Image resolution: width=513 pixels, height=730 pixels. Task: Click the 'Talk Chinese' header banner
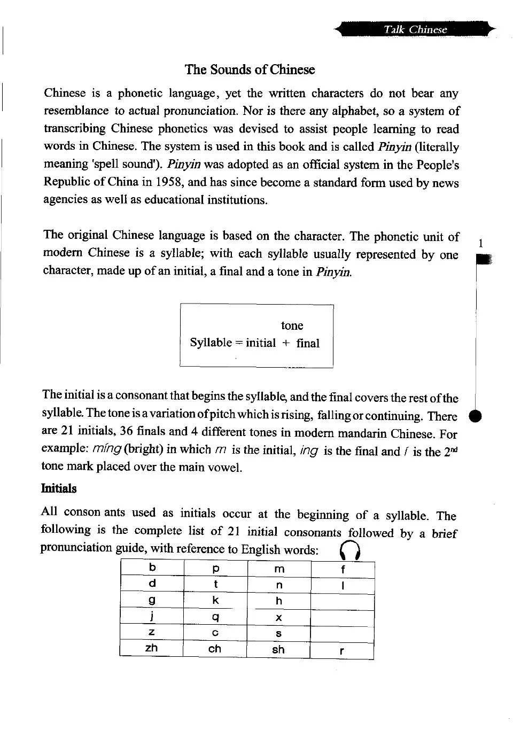click(x=415, y=29)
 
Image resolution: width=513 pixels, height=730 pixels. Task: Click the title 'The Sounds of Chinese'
click(x=250, y=70)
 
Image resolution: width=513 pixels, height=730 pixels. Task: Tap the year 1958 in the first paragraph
click(x=170, y=182)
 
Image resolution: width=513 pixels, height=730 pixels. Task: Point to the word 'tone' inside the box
click(x=292, y=325)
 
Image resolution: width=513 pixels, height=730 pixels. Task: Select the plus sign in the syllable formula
click(x=286, y=343)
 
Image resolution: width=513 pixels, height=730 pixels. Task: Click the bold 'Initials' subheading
click(x=59, y=488)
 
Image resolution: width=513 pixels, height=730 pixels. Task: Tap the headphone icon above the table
click(x=350, y=549)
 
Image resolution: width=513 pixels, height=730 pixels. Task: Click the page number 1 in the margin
click(x=481, y=244)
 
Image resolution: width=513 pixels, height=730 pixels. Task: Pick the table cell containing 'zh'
click(x=152, y=648)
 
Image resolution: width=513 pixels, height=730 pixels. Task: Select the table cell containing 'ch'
click(x=215, y=649)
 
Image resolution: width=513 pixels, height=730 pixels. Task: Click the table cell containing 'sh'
click(x=278, y=649)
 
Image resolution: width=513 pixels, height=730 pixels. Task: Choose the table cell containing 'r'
click(x=342, y=650)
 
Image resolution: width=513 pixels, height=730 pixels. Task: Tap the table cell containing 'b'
click(x=152, y=568)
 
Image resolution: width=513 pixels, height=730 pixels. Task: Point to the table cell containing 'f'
click(x=343, y=570)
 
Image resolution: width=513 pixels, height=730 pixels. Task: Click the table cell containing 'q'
click(x=215, y=617)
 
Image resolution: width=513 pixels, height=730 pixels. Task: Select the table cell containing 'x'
click(x=279, y=618)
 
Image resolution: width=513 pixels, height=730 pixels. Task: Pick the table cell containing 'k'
click(x=215, y=600)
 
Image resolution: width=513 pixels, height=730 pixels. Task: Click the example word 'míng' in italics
click(x=106, y=449)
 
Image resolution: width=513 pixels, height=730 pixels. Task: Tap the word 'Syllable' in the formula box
click(x=211, y=343)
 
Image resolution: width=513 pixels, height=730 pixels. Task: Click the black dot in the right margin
click(x=475, y=417)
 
